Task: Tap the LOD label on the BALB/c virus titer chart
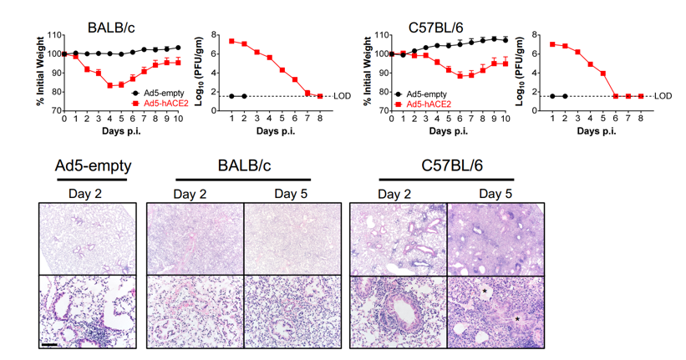(x=342, y=96)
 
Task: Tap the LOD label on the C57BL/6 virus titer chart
(x=663, y=96)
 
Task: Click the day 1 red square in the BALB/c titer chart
(x=231, y=41)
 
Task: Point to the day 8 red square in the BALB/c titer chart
(x=320, y=96)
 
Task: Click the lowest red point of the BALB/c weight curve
(x=109, y=85)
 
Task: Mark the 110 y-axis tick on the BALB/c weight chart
(x=55, y=35)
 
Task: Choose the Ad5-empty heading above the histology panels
(x=87, y=167)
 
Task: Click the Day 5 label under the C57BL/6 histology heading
(x=496, y=194)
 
